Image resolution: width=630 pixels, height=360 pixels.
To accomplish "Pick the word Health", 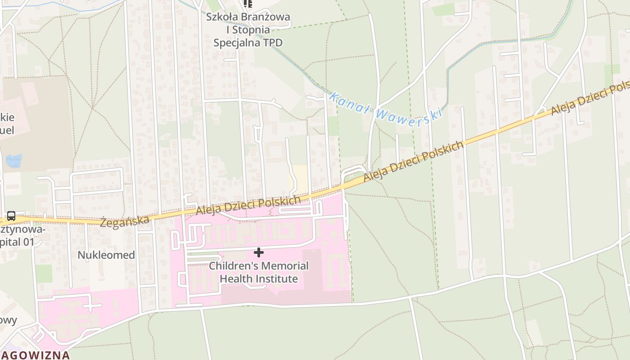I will (236, 279).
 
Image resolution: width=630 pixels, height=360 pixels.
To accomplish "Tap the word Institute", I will (277, 279).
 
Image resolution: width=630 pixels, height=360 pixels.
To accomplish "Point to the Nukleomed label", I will (106, 255).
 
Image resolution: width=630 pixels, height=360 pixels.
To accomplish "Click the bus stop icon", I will (11, 216).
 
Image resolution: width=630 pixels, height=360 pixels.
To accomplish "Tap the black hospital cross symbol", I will (259, 252).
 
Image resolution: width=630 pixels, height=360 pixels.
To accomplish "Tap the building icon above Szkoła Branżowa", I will (247, 4).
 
